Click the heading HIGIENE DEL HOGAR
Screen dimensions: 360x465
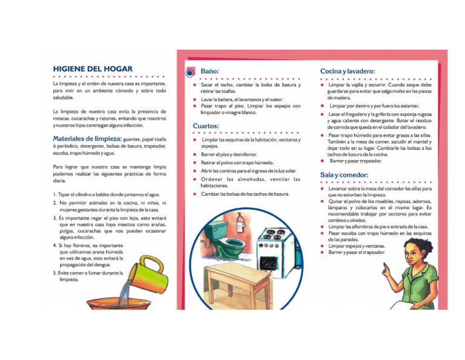[92, 68]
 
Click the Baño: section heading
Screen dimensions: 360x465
[210, 71]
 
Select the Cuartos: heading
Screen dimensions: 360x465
[206, 125]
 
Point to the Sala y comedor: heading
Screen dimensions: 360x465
[344, 175]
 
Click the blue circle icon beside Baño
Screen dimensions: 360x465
[190, 73]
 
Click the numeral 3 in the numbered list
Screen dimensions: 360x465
[55, 217]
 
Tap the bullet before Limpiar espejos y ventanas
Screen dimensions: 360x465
[322, 246]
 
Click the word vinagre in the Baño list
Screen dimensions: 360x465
[232, 113]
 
